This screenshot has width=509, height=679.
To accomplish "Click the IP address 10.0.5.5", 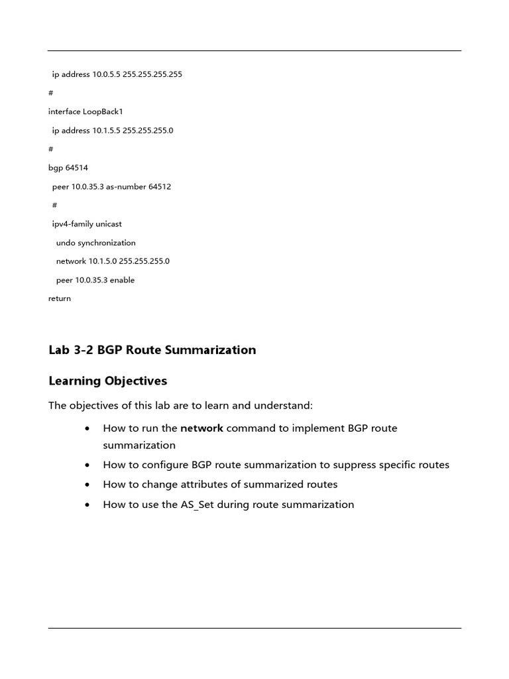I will pyautogui.click(x=105, y=74).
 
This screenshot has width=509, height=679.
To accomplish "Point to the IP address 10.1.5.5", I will pyautogui.click(x=105, y=131).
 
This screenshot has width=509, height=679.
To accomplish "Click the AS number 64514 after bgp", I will pyautogui.click(x=77, y=168).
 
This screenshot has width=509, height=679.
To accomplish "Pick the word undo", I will pyautogui.click(x=66, y=243).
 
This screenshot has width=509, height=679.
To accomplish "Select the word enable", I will pyautogui.click(x=122, y=280).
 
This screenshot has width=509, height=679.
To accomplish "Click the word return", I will pyautogui.click(x=60, y=298).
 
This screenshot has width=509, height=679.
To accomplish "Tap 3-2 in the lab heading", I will pyautogui.click(x=83, y=350).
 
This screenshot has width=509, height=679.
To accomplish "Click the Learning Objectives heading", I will pyautogui.click(x=107, y=381).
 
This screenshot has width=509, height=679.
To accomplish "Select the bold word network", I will pyautogui.click(x=201, y=428).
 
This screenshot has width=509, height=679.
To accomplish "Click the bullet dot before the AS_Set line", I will pyautogui.click(x=87, y=505).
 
